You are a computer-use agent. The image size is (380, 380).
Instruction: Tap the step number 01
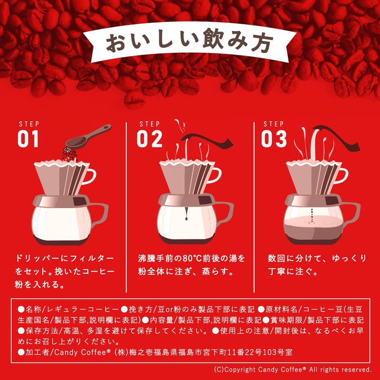click(28, 139)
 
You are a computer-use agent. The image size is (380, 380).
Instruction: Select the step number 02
click(150, 139)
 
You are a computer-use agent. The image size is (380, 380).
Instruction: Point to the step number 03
click(274, 139)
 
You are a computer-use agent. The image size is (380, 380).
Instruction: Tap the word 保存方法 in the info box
click(38, 331)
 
